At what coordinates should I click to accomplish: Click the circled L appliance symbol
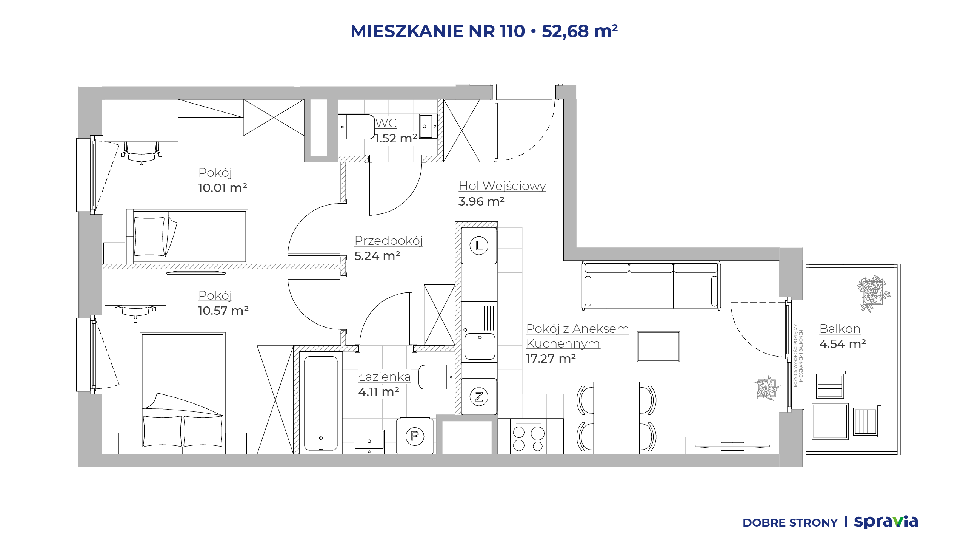(479, 246)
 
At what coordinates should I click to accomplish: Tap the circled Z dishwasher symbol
(479, 397)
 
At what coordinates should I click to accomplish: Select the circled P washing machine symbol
(415, 436)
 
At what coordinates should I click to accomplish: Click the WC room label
(386, 123)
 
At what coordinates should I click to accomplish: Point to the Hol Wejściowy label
(502, 186)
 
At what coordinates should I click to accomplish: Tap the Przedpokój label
(389, 241)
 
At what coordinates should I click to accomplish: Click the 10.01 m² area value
(223, 188)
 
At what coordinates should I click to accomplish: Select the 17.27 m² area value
(551, 359)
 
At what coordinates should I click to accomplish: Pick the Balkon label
(840, 329)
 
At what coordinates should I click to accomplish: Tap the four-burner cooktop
(529, 438)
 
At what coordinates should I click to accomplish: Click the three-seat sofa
(651, 285)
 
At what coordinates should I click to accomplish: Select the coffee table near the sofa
(658, 347)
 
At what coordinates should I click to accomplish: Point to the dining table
(616, 418)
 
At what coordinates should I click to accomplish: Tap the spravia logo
(886, 522)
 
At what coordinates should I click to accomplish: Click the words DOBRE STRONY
(790, 523)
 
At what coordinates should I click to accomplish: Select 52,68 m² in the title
(580, 31)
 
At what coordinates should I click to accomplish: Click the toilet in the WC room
(356, 127)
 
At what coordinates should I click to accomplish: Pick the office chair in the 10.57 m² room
(135, 312)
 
